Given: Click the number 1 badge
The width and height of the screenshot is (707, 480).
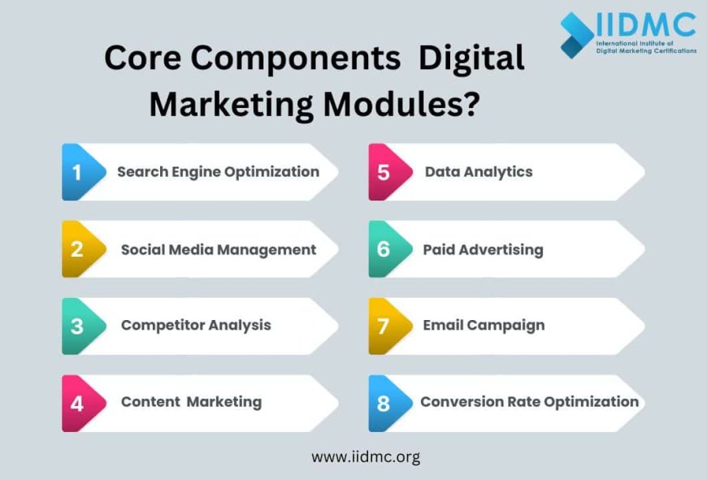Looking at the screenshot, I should [x=79, y=172].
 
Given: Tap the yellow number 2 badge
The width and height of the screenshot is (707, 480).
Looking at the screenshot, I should [x=79, y=249].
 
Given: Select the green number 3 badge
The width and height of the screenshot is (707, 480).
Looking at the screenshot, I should [x=79, y=326].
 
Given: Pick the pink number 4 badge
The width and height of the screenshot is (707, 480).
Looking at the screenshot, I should [x=79, y=402].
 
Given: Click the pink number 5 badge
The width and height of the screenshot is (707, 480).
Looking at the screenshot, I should [x=385, y=172].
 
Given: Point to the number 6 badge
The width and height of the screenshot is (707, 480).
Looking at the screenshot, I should [x=385, y=249].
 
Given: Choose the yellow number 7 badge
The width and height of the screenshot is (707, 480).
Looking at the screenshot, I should [x=385, y=326].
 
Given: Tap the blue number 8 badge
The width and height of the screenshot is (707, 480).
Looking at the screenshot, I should [x=385, y=402].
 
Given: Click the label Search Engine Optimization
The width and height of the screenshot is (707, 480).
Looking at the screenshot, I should [x=218, y=172].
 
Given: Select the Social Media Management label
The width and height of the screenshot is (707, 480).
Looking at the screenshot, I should [x=219, y=249].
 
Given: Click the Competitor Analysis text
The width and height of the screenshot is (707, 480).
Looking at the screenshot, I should [x=196, y=325].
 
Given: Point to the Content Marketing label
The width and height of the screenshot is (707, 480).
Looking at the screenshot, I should [x=191, y=402].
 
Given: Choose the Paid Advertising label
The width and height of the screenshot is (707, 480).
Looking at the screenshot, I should [x=483, y=249].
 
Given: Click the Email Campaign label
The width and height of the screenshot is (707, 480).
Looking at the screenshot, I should [x=484, y=325].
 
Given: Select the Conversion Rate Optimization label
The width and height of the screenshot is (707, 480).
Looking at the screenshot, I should [x=529, y=401].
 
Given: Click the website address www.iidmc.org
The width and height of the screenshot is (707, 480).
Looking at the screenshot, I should [x=366, y=456].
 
